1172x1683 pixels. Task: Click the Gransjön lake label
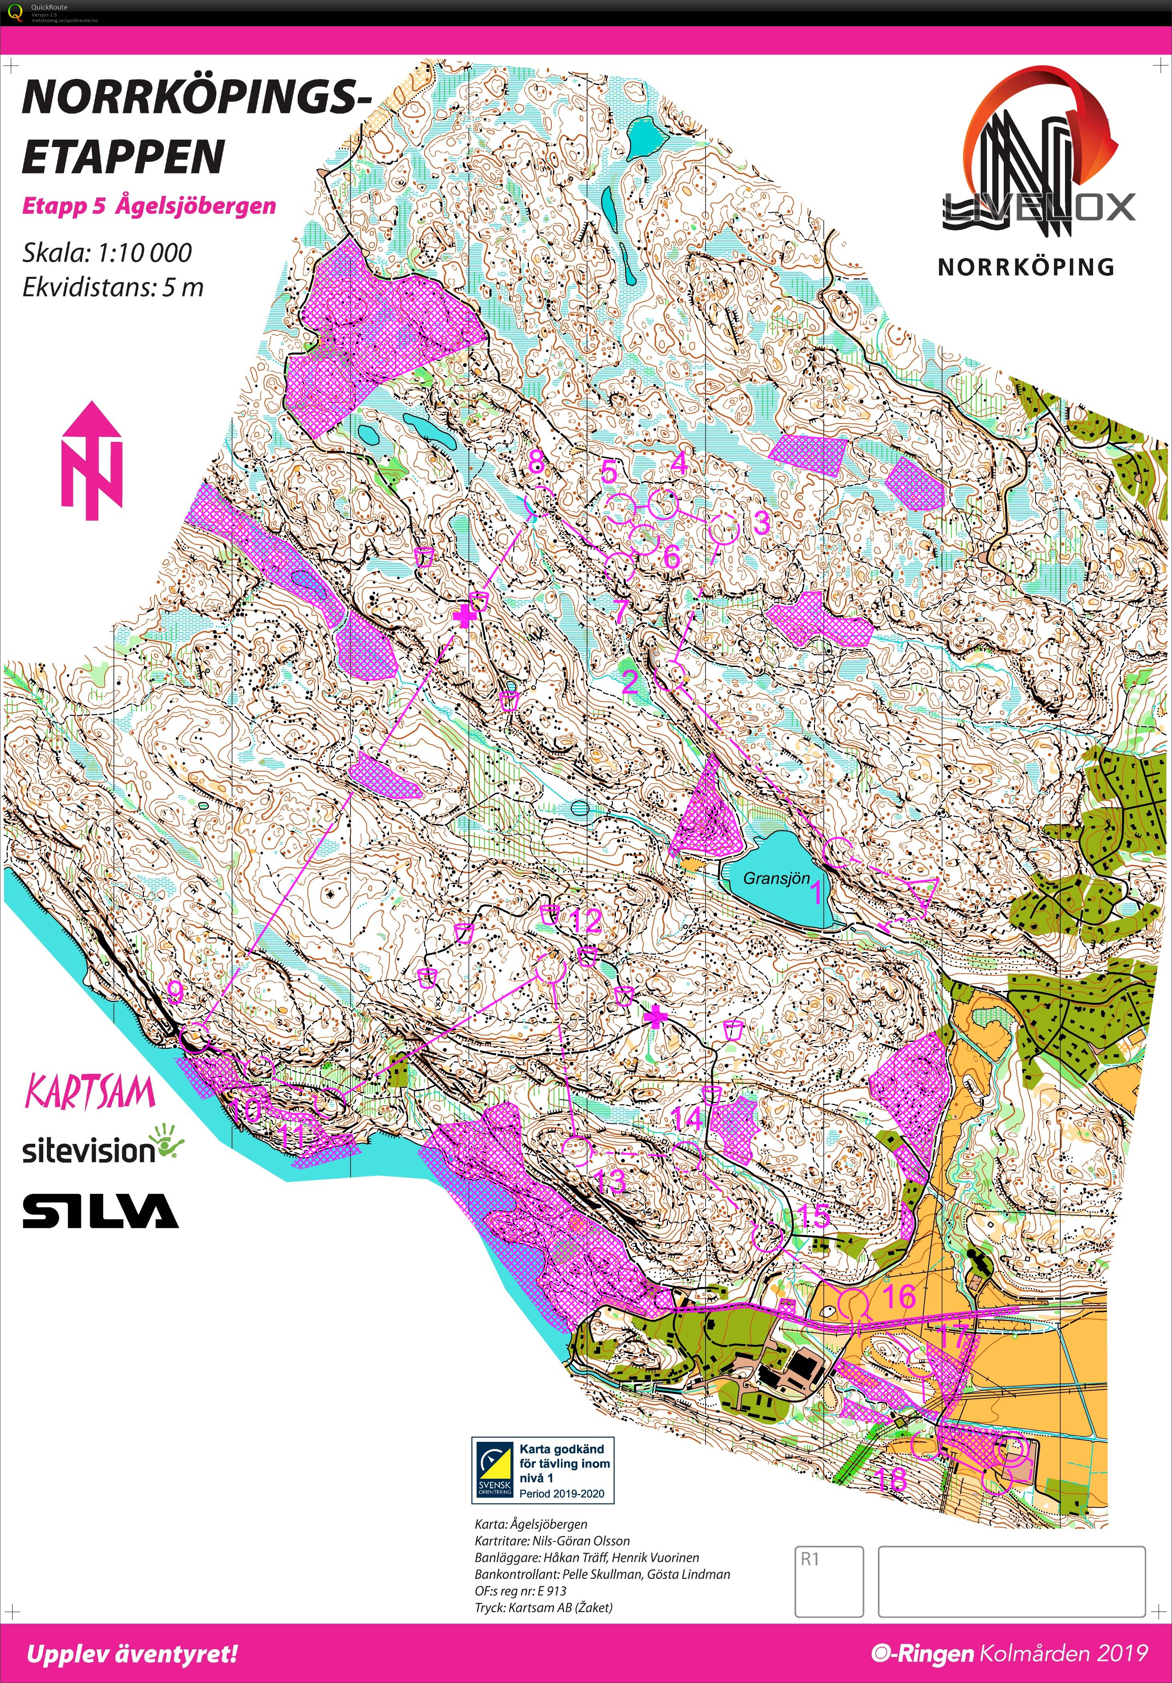[776, 878]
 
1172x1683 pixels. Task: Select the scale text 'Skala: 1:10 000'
[107, 253]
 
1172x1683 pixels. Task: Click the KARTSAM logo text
[90, 1092]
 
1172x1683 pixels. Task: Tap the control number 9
[175, 992]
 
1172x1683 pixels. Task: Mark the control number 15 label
[813, 1216]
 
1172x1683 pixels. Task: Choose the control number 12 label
[586, 921]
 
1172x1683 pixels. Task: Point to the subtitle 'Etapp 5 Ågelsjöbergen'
[149, 206]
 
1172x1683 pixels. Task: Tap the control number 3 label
[762, 523]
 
